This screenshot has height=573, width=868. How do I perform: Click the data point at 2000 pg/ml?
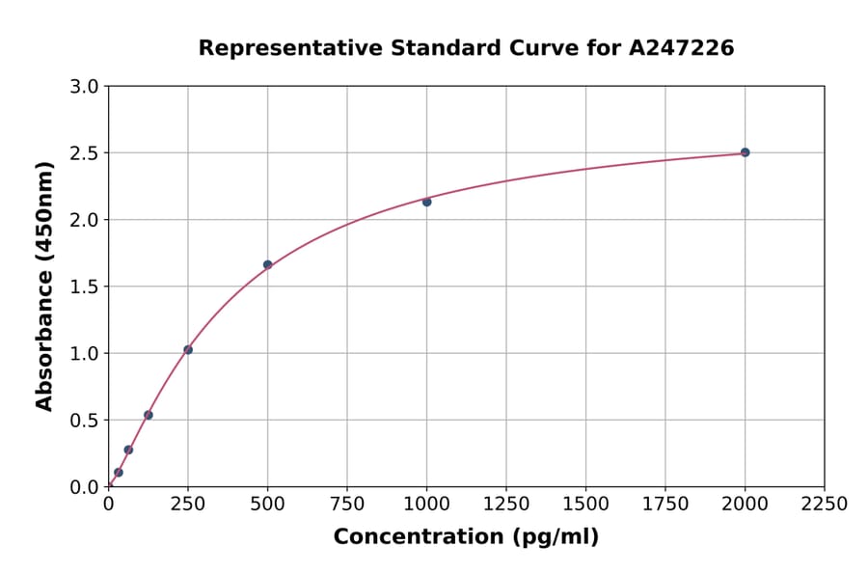point(745,152)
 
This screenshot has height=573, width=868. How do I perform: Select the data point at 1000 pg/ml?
point(426,202)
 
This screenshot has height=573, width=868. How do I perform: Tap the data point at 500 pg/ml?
point(267,264)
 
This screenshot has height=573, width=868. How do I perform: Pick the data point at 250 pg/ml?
point(188,349)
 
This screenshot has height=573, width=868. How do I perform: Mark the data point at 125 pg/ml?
point(149,415)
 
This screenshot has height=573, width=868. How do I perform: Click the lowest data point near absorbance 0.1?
point(119,473)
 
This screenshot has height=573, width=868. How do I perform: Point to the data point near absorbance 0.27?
point(128,450)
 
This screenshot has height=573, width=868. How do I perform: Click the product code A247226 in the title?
point(682,47)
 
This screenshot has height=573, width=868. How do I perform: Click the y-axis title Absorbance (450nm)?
point(44,286)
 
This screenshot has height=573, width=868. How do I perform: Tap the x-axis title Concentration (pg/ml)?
point(466,537)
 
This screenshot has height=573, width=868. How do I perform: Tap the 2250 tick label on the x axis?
point(824,505)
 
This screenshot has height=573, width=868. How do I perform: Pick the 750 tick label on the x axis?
point(347,505)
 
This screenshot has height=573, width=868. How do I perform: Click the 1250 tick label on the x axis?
point(506,505)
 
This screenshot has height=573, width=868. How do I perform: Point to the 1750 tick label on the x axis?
point(665,505)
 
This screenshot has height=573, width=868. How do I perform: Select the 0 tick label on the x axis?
point(108,505)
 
